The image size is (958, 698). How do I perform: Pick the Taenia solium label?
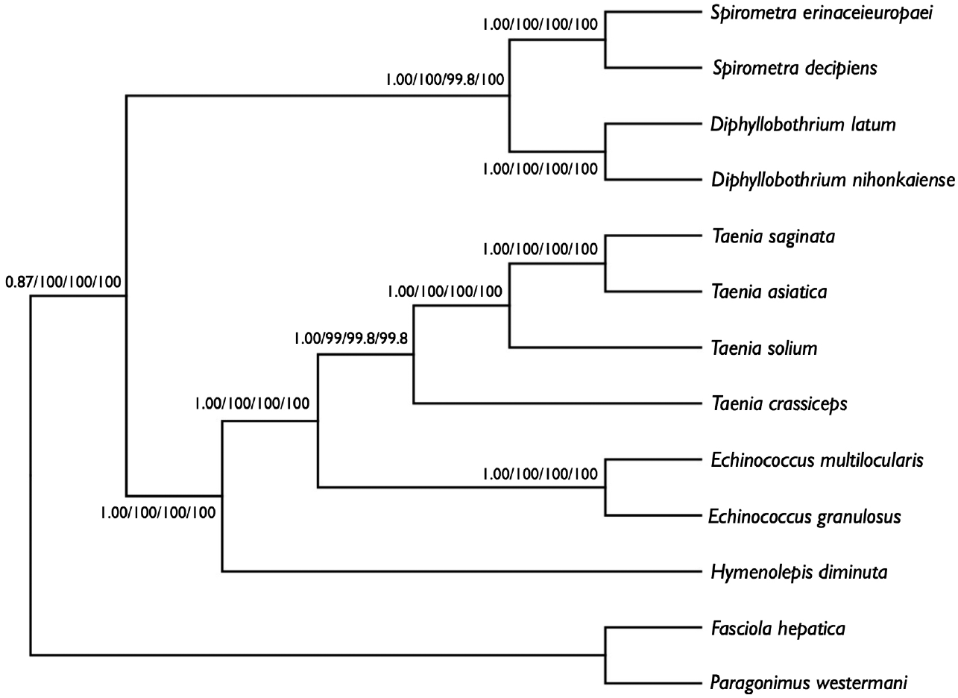(x=764, y=348)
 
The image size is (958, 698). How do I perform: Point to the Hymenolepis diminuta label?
(x=798, y=572)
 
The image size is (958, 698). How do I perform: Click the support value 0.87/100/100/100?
(x=63, y=282)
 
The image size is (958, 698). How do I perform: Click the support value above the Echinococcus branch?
(x=540, y=474)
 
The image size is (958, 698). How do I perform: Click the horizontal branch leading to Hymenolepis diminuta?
(x=462, y=572)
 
